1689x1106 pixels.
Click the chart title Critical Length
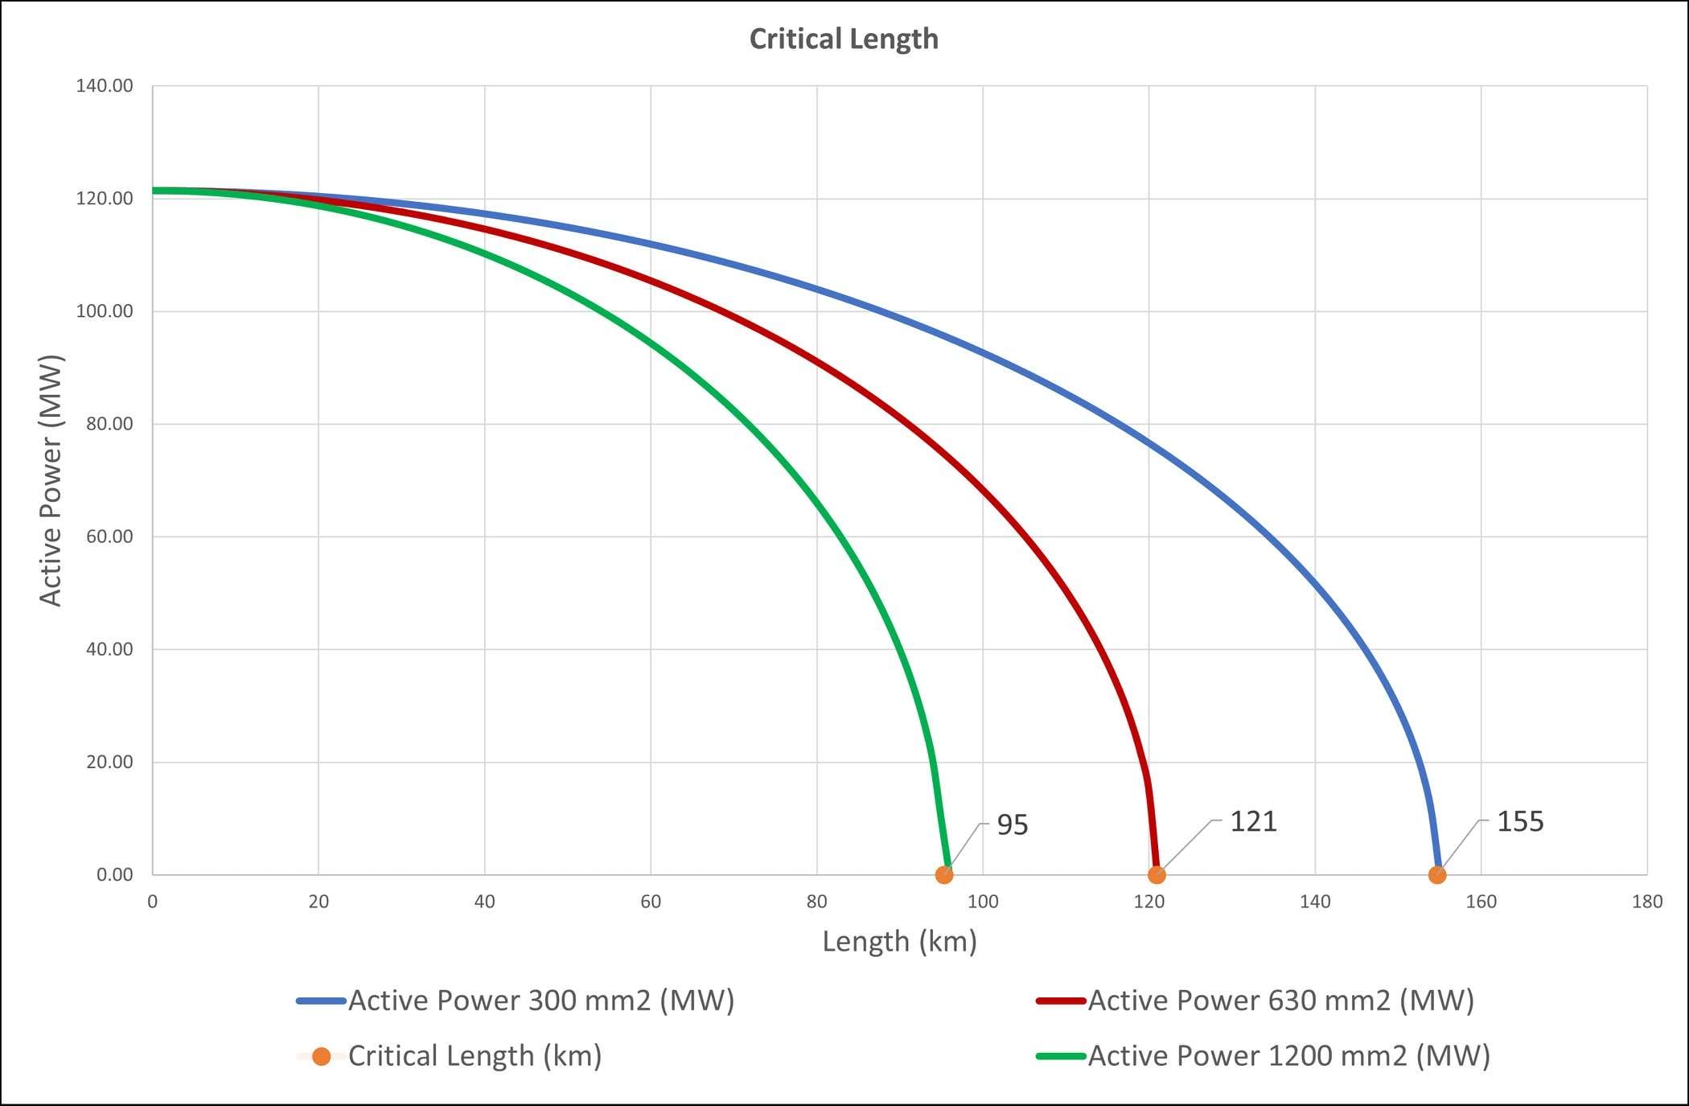844,39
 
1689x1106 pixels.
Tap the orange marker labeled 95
944,874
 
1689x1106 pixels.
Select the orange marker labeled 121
1157,874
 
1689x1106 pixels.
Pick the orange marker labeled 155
1437,874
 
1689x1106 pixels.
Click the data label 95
1012,825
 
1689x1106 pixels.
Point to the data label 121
1253,822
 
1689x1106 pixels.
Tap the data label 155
1520,822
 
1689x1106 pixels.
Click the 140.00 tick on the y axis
105,86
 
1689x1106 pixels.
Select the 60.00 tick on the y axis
109,537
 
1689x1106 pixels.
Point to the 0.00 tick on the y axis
114,874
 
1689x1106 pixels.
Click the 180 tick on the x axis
1647,902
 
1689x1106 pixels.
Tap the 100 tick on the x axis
983,902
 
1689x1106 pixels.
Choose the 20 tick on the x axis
318,902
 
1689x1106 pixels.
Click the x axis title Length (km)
899,941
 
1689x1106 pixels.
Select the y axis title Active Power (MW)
50,480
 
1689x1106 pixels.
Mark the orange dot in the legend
322,1056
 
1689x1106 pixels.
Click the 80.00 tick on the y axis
109,424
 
